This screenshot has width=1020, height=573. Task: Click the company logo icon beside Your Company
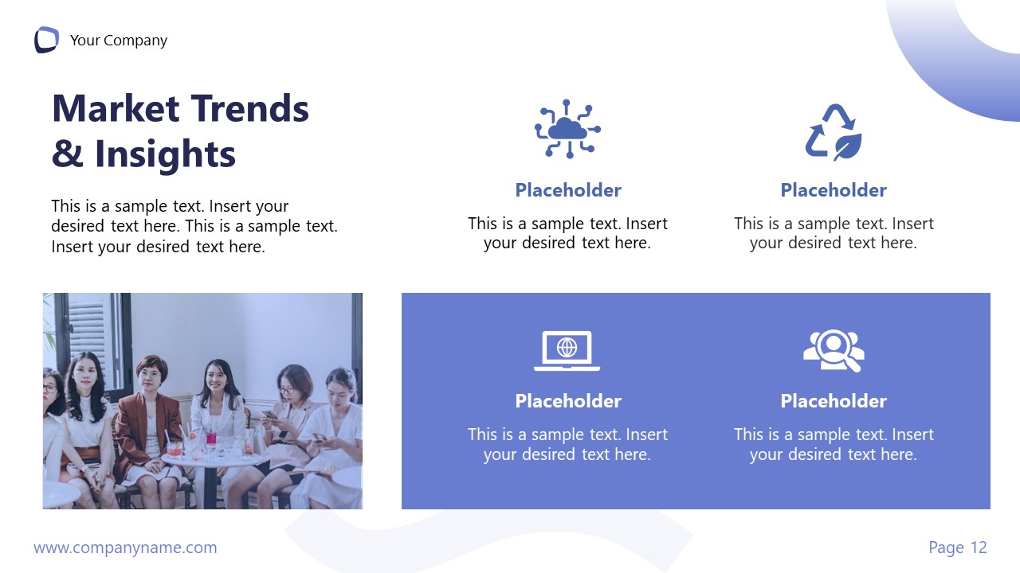(x=46, y=40)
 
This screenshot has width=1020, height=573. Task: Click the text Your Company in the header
(x=119, y=41)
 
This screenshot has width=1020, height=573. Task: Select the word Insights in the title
(x=165, y=154)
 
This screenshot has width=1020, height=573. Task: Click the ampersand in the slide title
(x=67, y=154)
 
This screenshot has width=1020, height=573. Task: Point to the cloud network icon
(x=567, y=128)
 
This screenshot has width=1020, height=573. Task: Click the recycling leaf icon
(x=833, y=131)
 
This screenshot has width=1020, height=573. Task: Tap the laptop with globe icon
(x=567, y=350)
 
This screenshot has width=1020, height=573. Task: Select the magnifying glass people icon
(x=834, y=350)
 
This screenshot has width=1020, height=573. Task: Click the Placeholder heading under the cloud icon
(x=567, y=190)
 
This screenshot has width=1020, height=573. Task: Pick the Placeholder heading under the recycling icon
(x=833, y=190)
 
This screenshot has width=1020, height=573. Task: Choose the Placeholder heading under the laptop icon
(x=567, y=401)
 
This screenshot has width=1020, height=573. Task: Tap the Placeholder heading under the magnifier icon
(x=833, y=401)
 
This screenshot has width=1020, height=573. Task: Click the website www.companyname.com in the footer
(x=125, y=548)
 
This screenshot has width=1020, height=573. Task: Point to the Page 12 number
(x=957, y=548)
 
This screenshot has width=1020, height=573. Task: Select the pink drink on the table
(x=211, y=438)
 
